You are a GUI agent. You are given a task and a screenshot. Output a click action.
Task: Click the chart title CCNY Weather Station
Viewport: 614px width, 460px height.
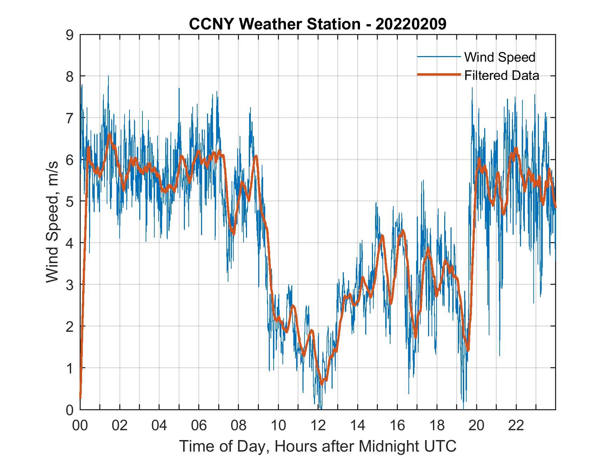[274, 24]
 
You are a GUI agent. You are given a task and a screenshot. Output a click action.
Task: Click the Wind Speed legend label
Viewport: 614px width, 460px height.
[500, 57]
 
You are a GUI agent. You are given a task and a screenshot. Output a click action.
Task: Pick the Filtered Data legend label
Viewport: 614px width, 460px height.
[501, 75]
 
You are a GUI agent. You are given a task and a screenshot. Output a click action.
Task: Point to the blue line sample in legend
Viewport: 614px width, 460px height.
[439, 57]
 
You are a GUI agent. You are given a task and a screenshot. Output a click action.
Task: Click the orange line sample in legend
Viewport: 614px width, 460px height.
[439, 75]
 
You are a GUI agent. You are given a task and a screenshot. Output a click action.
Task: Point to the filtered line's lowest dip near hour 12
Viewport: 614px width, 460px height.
[322, 384]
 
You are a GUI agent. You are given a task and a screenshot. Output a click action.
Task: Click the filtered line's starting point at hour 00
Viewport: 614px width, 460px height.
[80, 397]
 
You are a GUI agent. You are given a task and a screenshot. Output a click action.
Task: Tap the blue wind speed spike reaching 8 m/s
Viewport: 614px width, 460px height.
[108, 76]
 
